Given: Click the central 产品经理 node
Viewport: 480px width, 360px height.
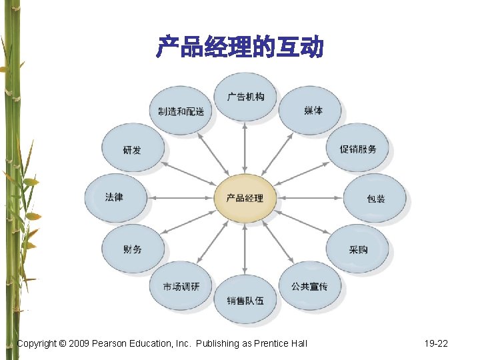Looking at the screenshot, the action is (x=244, y=198).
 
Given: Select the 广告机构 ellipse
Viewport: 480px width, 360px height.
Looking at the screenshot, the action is (x=245, y=97).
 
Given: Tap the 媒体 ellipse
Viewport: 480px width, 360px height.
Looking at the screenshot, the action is (x=310, y=111).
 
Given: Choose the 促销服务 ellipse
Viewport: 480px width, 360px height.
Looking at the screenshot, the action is (x=357, y=149).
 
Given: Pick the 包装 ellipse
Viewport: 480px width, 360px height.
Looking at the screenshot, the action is (x=375, y=199).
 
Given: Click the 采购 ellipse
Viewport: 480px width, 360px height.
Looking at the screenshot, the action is (x=357, y=249).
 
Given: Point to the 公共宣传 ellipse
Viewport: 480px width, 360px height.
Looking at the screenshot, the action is (x=309, y=286).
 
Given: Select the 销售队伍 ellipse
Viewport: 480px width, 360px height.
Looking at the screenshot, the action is (x=245, y=300).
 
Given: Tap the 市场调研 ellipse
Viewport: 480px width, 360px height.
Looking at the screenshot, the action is (x=181, y=286).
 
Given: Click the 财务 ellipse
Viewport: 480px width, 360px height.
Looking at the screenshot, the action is (x=132, y=249).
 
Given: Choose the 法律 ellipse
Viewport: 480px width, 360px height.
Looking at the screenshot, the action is (x=115, y=197).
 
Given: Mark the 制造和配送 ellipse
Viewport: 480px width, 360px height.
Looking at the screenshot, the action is (x=181, y=111).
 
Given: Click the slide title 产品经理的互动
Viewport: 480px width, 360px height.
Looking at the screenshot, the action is (x=240, y=48).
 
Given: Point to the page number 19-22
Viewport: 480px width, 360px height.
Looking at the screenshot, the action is (x=436, y=343).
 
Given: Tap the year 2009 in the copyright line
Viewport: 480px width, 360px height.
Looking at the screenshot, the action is (x=78, y=343).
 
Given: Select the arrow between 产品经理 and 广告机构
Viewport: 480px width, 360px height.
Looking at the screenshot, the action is (x=245, y=149).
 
